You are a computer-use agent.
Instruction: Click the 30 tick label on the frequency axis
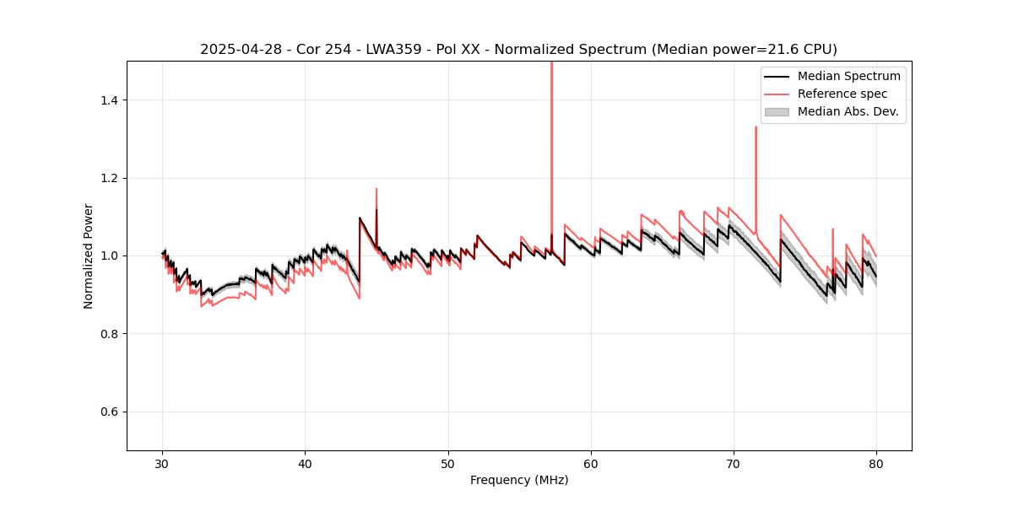tap(163, 464)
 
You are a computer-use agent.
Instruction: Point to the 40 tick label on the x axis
tap(306, 464)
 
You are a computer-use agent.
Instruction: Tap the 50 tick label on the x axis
tap(448, 464)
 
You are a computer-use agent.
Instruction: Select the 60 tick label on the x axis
tap(591, 464)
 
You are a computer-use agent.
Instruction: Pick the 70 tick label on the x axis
tap(734, 464)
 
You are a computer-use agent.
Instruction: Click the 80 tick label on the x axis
tap(876, 464)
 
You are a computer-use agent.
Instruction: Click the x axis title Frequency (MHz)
tap(519, 480)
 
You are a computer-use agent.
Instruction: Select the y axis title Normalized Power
tap(89, 256)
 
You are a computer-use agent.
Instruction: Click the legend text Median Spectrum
tap(848, 76)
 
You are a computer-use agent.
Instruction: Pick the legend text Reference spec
tap(843, 94)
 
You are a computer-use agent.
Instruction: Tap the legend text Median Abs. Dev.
tap(848, 111)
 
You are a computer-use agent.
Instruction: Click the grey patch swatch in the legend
tap(777, 111)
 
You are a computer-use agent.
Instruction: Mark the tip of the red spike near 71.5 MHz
tap(756, 127)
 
